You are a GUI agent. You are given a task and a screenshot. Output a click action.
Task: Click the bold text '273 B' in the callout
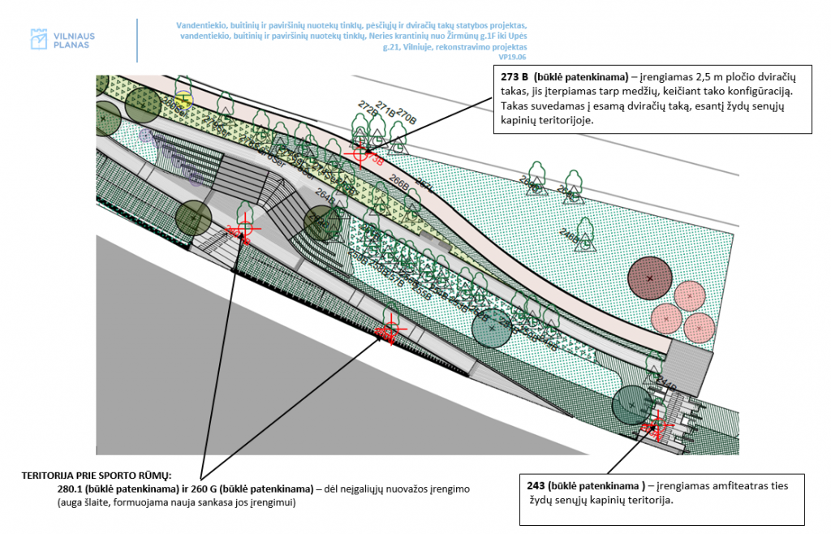(x=516, y=77)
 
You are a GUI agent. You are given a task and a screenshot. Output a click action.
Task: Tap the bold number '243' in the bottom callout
(x=536, y=485)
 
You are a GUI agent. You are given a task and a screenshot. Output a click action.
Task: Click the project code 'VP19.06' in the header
(x=513, y=58)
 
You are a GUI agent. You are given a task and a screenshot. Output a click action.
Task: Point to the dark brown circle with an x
(x=650, y=278)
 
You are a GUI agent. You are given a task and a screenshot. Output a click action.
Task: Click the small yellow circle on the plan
(x=184, y=101)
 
